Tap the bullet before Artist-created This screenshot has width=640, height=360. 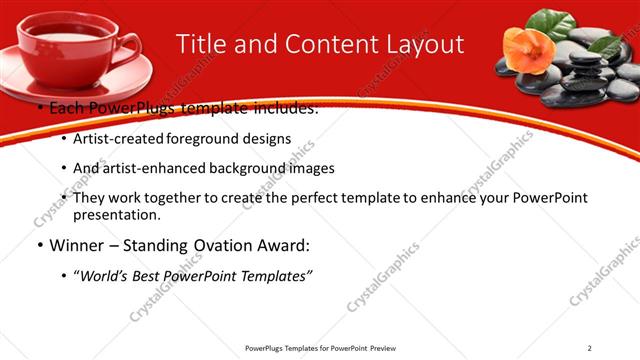click(x=64, y=139)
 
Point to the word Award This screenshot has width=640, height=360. click(x=279, y=245)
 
